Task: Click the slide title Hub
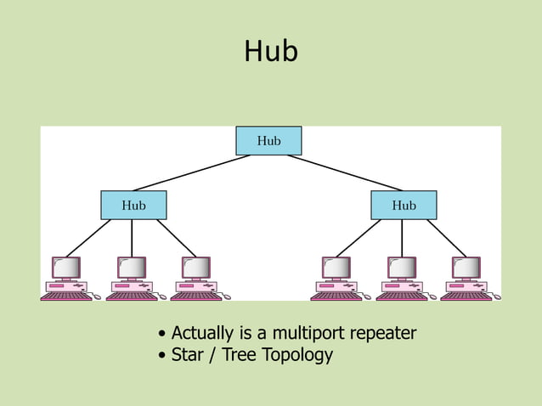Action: pos(271,52)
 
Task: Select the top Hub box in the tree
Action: pos(268,141)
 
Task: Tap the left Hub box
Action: pos(133,206)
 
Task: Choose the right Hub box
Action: pos(404,206)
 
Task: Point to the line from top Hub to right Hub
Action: pos(346,172)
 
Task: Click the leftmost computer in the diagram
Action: pos(66,278)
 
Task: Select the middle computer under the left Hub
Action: pos(131,278)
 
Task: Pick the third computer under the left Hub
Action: pos(195,278)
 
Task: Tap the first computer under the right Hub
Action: pos(336,278)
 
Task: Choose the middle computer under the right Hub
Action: pos(401,278)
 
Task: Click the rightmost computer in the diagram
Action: pos(466,278)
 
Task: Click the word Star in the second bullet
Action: pos(187,354)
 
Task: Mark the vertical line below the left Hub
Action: pos(132,238)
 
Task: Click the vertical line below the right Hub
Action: pos(402,238)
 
